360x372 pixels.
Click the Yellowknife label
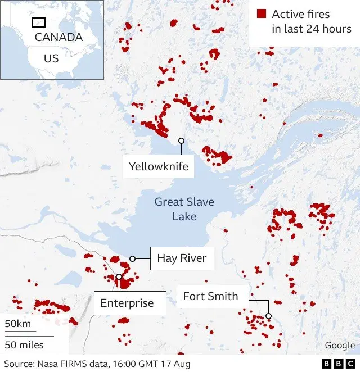tap(158, 166)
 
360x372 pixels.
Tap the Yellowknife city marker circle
tap(181, 140)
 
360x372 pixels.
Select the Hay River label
tap(181, 258)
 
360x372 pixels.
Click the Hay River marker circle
tap(133, 258)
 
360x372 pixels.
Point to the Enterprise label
tap(127, 303)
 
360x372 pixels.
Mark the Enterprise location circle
tap(119, 276)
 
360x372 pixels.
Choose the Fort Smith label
tap(210, 296)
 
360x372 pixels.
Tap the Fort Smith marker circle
tap(269, 316)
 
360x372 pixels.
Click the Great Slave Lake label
tap(184, 209)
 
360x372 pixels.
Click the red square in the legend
tap(261, 14)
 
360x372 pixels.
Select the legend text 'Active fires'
tap(301, 14)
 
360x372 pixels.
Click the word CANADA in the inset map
tap(58, 38)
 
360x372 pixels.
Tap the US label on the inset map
tap(51, 58)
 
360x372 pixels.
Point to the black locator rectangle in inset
tap(39, 22)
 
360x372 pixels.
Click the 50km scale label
tap(18, 324)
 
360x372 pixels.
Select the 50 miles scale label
tap(25, 344)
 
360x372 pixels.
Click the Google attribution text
tap(340, 346)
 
